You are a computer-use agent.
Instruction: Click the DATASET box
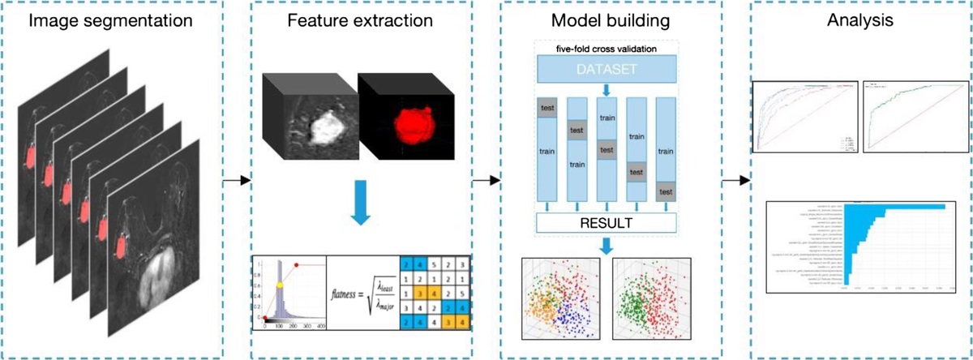click(607, 69)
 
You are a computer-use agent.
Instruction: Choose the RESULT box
click(607, 221)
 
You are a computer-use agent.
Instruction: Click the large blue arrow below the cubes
click(360, 210)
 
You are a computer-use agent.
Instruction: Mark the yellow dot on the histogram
click(281, 285)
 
